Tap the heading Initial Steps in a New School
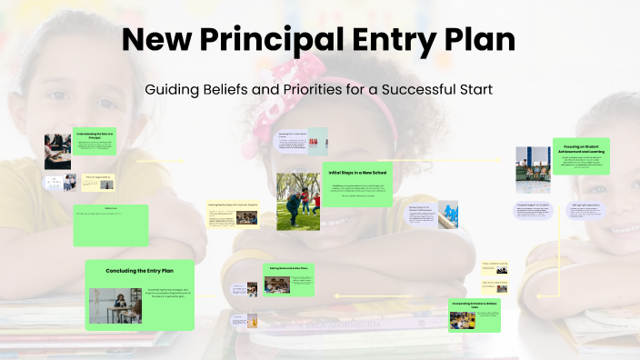coord(358,173)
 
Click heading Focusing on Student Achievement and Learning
coord(583,149)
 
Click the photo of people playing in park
coord(298,201)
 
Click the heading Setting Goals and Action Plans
coord(290,268)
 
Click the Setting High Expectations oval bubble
coord(585,211)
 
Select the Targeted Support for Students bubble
coord(534,211)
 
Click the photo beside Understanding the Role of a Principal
coord(57,151)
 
